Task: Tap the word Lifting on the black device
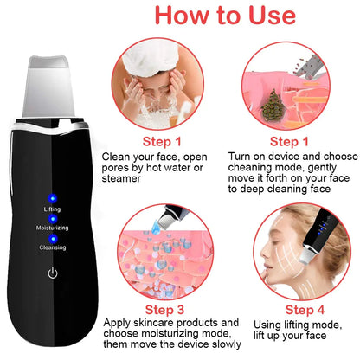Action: [x=52, y=209]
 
